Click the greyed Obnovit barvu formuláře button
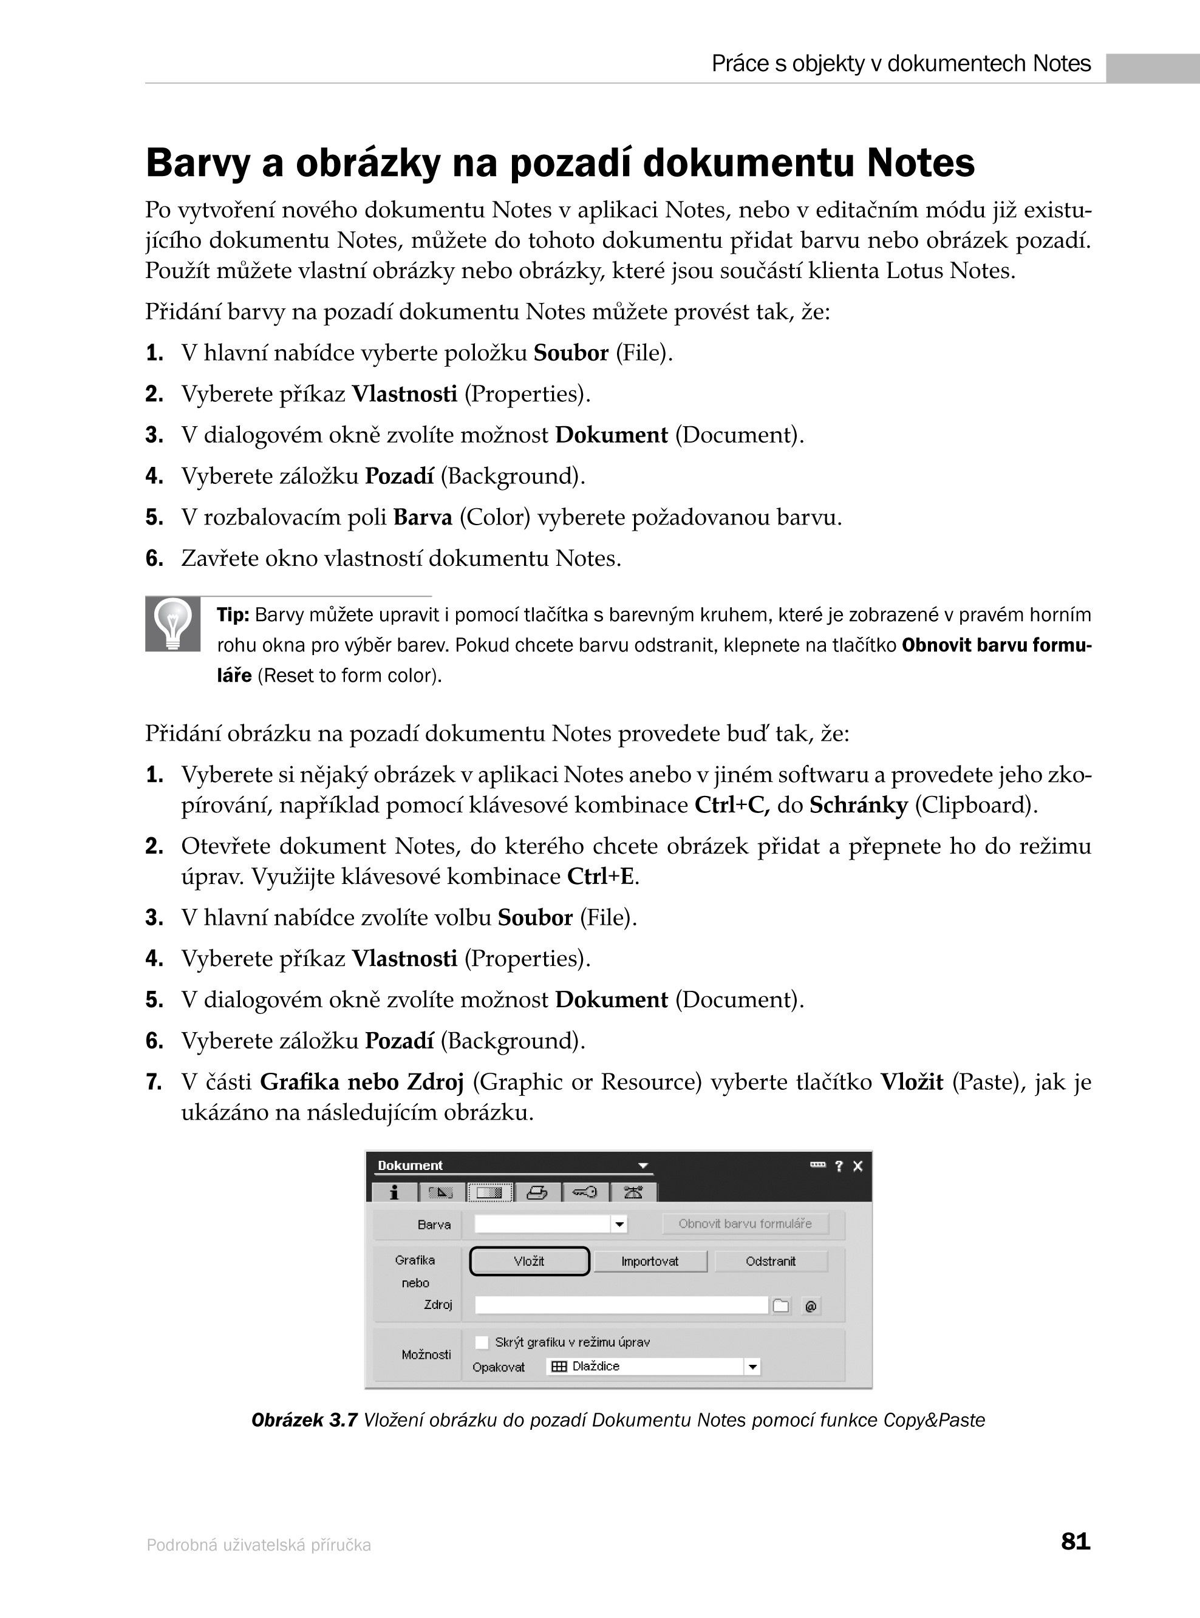pyautogui.click(x=745, y=1223)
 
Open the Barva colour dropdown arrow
pyautogui.click(x=619, y=1225)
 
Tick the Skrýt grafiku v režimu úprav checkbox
pyautogui.click(x=482, y=1342)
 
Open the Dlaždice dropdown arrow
pyautogui.click(x=752, y=1367)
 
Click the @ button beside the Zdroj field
pyautogui.click(x=811, y=1307)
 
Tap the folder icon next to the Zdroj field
pyautogui.click(x=781, y=1307)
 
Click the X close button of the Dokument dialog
pyautogui.click(x=858, y=1166)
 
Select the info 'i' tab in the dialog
pyautogui.click(x=394, y=1192)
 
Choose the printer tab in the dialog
pyautogui.click(x=537, y=1192)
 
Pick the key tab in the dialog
pyautogui.click(x=584, y=1192)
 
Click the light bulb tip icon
pyautogui.click(x=173, y=624)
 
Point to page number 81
pyautogui.click(x=1075, y=1541)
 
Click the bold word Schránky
pyautogui.click(x=859, y=806)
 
